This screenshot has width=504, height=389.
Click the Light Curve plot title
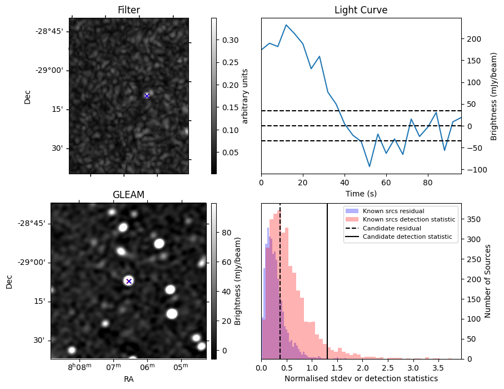coord(361,10)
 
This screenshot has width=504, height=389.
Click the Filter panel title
coord(128,10)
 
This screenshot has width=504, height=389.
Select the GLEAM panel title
coord(128,195)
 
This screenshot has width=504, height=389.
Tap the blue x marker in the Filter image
coord(147,96)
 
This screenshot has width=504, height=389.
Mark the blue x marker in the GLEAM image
coord(129,281)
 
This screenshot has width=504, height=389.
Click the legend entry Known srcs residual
coord(393,211)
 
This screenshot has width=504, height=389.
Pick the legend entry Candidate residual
coord(392,228)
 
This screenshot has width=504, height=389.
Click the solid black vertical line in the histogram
coord(327,278)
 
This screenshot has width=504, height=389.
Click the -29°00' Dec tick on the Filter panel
coord(52,70)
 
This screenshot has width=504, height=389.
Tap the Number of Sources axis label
coord(488,281)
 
